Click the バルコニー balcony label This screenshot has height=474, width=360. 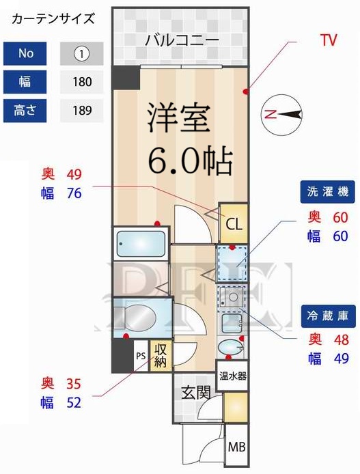[182, 40]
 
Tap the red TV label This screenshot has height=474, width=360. [329, 40]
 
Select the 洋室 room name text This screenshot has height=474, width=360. [181, 117]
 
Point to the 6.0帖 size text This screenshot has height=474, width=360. [191, 161]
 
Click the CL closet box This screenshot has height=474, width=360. [234, 223]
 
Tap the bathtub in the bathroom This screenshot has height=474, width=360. [140, 244]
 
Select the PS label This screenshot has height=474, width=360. [140, 356]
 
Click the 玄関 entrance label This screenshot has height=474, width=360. [194, 393]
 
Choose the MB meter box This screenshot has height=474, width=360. [236, 448]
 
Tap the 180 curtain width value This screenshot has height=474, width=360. [81, 82]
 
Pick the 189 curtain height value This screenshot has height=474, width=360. [81, 111]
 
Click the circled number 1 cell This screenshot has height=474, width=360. [81, 53]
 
